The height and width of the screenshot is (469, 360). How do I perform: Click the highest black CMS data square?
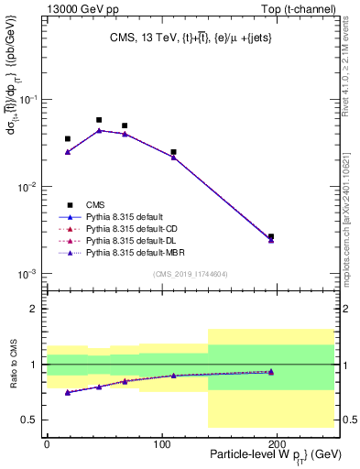pos(99,120)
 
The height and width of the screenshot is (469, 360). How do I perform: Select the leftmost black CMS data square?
pos(68,139)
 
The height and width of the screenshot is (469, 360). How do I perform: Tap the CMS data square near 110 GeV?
pos(173,152)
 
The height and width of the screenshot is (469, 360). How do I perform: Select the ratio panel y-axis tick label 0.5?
pos(34,420)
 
